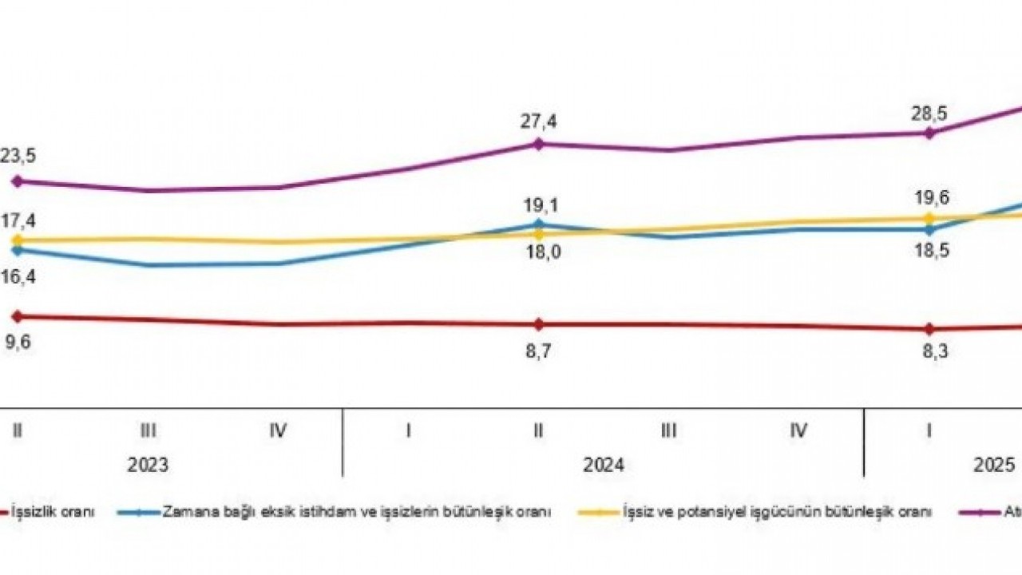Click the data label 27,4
click(538, 121)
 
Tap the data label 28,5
click(929, 113)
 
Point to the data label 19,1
click(538, 203)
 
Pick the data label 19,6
click(929, 197)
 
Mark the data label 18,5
click(929, 250)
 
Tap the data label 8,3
click(929, 352)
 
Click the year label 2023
click(148, 465)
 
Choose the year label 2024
click(603, 465)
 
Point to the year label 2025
click(995, 465)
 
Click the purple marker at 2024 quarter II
click(538, 144)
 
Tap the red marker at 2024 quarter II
click(538, 324)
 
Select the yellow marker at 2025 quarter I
click(929, 217)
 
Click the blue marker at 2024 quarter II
click(538, 224)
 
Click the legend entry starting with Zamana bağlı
click(356, 512)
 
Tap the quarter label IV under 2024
click(798, 430)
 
